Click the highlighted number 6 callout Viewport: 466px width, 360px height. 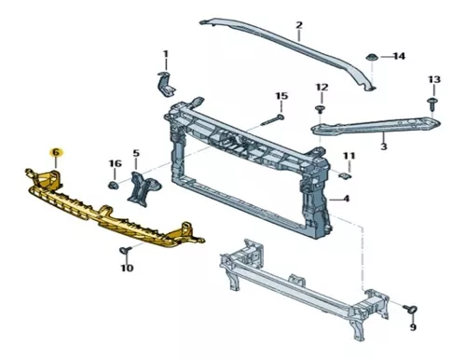tap(56, 153)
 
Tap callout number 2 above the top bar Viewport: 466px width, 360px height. tap(299, 25)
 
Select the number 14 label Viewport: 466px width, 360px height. tap(399, 56)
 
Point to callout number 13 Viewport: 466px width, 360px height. tap(434, 79)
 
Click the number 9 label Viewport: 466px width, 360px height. tap(413, 327)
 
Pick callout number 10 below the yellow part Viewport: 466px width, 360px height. tap(127, 268)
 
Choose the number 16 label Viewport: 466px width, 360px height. tap(115, 163)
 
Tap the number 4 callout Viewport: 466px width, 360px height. tap(346, 199)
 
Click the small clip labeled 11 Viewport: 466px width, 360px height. tap(345, 175)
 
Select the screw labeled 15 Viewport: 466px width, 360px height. tap(272, 120)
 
